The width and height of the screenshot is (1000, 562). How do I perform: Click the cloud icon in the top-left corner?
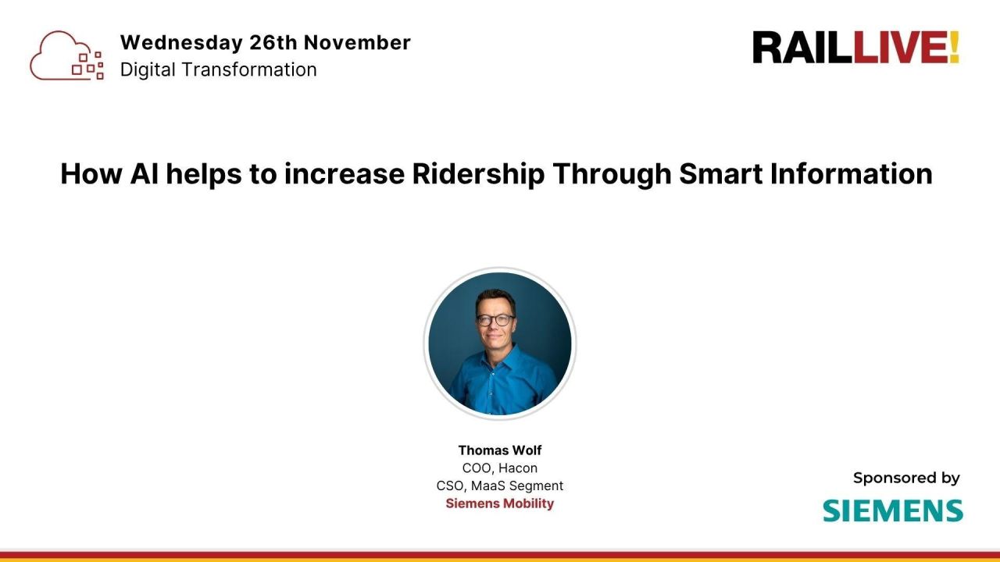click(66, 55)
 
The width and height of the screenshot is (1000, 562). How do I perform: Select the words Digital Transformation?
click(218, 69)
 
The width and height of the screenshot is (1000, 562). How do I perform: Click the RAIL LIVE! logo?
click(855, 48)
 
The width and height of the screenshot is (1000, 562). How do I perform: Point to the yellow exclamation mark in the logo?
click(953, 48)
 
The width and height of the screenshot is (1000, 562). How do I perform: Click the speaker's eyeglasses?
click(496, 320)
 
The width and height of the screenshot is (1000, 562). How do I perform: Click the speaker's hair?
click(496, 298)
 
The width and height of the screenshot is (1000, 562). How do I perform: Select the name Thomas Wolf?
click(500, 450)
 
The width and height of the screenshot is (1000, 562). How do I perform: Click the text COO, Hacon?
click(500, 468)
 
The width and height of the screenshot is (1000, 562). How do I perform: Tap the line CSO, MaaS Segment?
click(500, 486)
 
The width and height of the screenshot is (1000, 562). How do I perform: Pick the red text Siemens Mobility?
click(500, 503)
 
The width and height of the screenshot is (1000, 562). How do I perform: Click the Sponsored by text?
click(906, 478)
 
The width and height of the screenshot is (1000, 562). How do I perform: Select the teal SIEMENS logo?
click(892, 510)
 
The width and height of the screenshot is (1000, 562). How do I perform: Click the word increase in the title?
click(345, 173)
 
